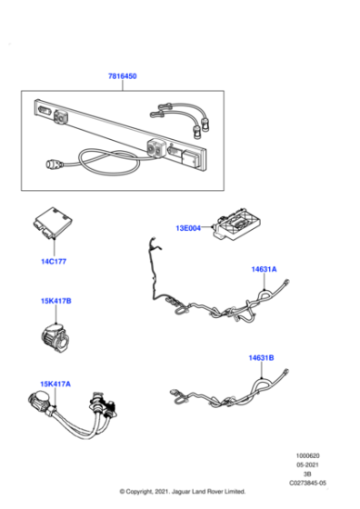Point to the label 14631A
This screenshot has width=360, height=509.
click(264, 269)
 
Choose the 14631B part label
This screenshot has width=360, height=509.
click(261, 358)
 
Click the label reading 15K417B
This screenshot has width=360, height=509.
click(55, 300)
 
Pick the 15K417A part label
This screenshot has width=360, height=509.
click(55, 384)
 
